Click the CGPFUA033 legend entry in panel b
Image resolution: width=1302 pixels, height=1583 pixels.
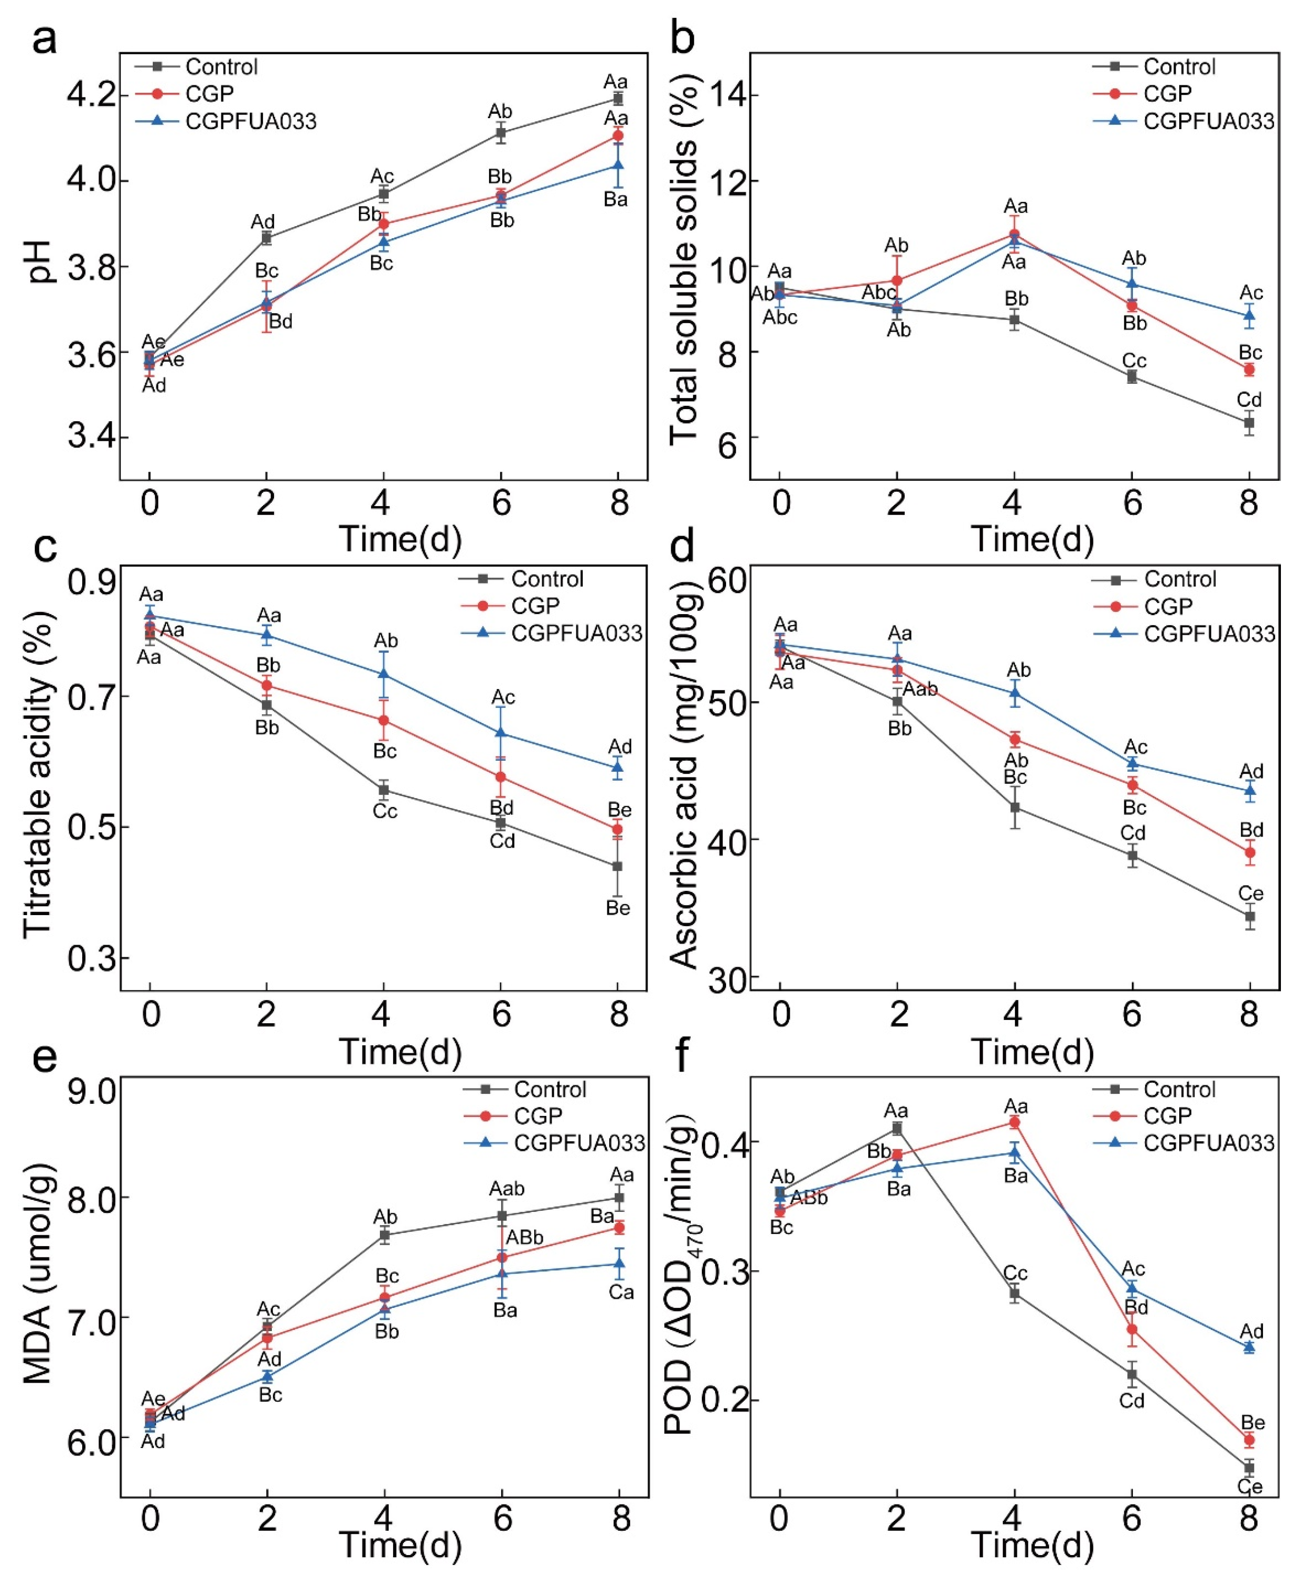click(1208, 121)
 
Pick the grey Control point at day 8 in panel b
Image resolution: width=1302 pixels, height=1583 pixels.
click(1249, 422)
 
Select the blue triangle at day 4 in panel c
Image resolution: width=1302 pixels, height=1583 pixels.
click(384, 673)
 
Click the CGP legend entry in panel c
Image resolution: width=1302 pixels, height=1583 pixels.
click(535, 606)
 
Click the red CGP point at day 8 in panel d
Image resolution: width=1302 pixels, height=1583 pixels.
click(1249, 852)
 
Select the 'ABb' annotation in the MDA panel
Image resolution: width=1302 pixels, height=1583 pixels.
click(524, 1237)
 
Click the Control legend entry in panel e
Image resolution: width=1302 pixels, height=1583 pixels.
click(549, 1090)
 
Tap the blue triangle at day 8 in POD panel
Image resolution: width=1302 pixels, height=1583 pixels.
click(1249, 1347)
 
